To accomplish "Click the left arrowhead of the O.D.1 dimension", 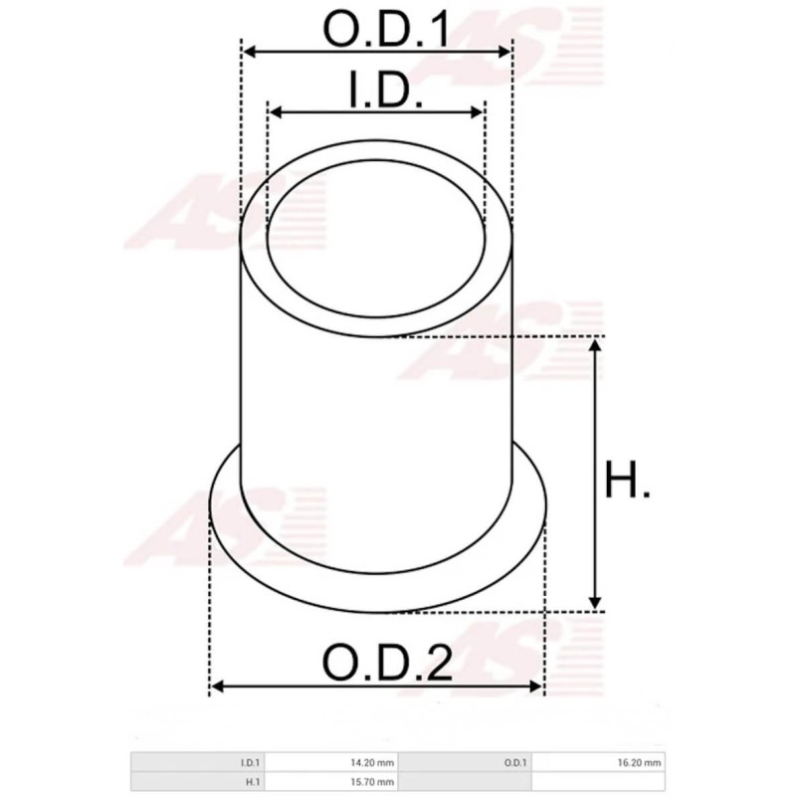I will click(250, 51).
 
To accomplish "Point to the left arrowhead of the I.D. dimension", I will click(276, 111).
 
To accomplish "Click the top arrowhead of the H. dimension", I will click(595, 344).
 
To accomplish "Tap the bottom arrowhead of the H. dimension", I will click(595, 603).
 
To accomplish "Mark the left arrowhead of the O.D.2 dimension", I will click(217, 687).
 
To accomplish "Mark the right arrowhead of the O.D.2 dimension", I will click(539, 687).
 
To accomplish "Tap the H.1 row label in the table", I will click(253, 783).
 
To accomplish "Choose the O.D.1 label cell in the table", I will click(514, 763).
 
